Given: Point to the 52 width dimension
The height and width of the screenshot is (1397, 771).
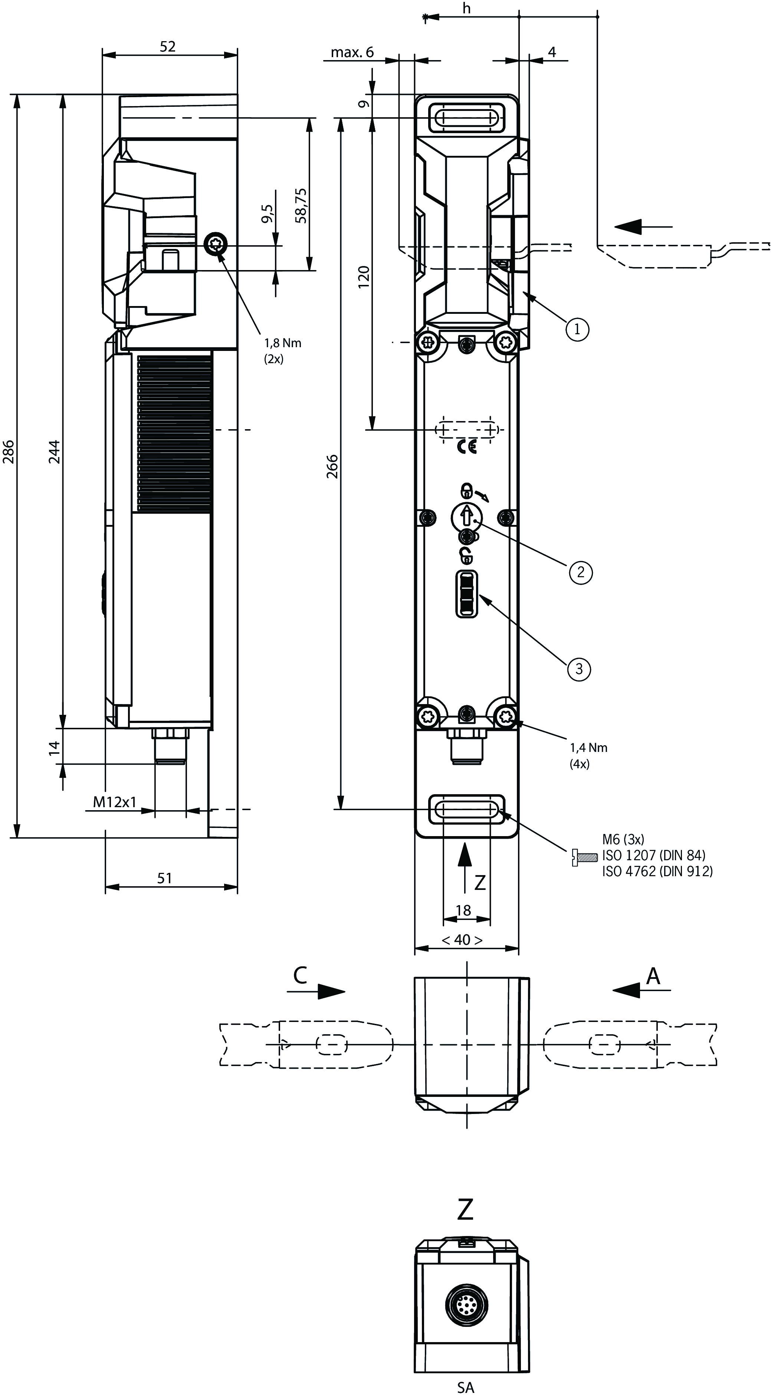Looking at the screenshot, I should pos(168,47).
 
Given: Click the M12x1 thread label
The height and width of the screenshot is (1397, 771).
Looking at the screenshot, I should pos(115,802).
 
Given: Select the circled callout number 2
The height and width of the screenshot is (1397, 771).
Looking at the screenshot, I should pos(581,572).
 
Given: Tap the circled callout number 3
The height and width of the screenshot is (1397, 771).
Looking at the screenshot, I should pos(579,669).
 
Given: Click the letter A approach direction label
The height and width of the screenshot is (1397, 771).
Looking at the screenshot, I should pos(653,976).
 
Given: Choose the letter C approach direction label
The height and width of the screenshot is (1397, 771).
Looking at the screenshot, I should pos(300,975).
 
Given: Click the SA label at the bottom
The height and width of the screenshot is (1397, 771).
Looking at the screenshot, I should pos(466,1387).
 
